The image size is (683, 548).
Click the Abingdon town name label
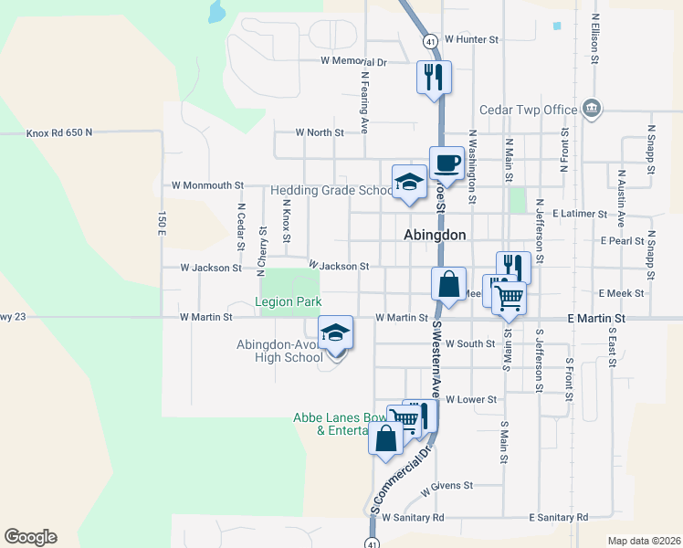pos(435,235)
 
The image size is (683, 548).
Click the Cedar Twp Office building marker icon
pos(592,110)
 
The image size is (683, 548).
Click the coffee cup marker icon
pos(445,163)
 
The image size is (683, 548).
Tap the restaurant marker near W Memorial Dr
pos(434,77)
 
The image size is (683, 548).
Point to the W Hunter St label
pos(472,40)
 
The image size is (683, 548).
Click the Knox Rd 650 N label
pos(47,132)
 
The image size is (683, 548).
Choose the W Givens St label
pos(447,487)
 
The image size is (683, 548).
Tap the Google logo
pos(30,537)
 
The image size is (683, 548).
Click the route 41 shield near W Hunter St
pos(429,40)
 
